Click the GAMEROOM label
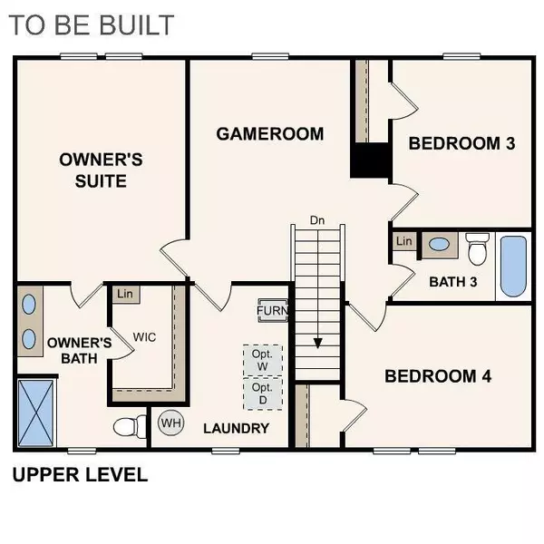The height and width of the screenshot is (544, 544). click(x=269, y=134)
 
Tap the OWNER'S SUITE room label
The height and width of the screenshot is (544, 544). click(x=101, y=170)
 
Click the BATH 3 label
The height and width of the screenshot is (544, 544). click(x=452, y=281)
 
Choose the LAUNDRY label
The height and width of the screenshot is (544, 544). click(x=236, y=428)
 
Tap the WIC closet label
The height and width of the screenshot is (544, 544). click(x=144, y=335)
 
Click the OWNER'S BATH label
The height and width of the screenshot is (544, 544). click(x=79, y=350)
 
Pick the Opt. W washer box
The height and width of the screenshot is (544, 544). click(x=262, y=360)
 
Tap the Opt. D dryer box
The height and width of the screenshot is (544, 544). click(x=262, y=393)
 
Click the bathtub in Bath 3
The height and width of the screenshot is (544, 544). click(x=512, y=267)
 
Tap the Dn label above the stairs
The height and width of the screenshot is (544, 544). click(x=317, y=219)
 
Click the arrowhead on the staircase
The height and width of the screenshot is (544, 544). click(x=318, y=344)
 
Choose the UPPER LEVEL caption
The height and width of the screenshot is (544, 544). click(x=79, y=475)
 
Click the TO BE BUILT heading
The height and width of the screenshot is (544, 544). click(x=92, y=24)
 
